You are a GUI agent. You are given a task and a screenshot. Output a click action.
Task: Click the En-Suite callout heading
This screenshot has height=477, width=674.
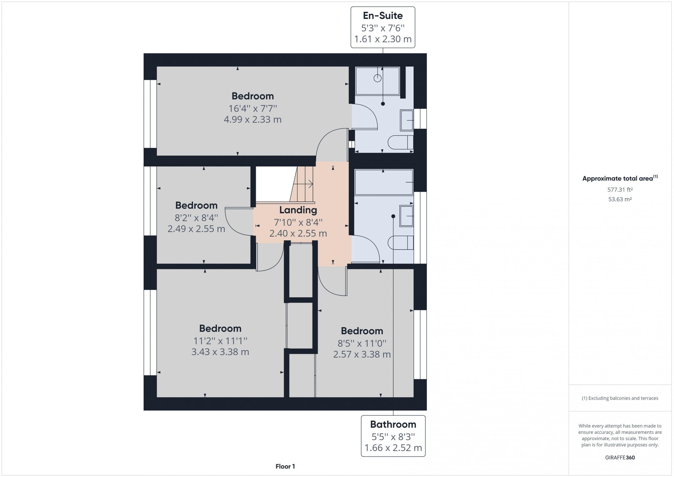tap(383, 16)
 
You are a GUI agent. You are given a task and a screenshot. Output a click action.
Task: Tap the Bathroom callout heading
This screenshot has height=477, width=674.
tap(393, 424)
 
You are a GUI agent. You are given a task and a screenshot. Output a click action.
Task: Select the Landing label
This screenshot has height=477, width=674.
tap(298, 210)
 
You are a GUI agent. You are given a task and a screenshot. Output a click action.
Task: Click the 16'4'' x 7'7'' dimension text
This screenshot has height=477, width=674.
tap(253, 109)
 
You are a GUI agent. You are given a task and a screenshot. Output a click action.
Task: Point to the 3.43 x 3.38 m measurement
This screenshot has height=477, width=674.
tap(220, 352)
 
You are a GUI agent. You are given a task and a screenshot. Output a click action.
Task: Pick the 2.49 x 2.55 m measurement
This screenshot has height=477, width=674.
tap(196, 229)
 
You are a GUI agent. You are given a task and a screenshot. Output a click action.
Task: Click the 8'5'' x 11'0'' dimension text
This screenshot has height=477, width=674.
tap(362, 343)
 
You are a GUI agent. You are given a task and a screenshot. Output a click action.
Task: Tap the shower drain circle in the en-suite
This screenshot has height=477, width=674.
tap(378, 78)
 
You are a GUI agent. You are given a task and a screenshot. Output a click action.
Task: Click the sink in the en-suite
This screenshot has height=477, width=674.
tap(407, 120)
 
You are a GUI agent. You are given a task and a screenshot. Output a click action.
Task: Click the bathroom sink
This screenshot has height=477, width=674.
tap(407, 216)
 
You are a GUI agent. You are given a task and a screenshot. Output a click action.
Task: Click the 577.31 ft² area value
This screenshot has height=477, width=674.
tap(620, 190)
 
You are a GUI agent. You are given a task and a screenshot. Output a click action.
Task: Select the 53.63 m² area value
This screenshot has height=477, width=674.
tap(620, 199)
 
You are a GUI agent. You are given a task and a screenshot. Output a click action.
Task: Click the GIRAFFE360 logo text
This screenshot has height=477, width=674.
tap(620, 458)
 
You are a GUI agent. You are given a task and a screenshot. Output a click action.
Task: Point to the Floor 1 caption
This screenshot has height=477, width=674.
tap(285, 466)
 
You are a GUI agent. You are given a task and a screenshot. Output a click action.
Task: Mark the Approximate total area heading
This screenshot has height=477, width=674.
tap(620, 178)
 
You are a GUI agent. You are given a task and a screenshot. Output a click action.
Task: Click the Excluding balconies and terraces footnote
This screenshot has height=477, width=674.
tap(620, 398)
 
